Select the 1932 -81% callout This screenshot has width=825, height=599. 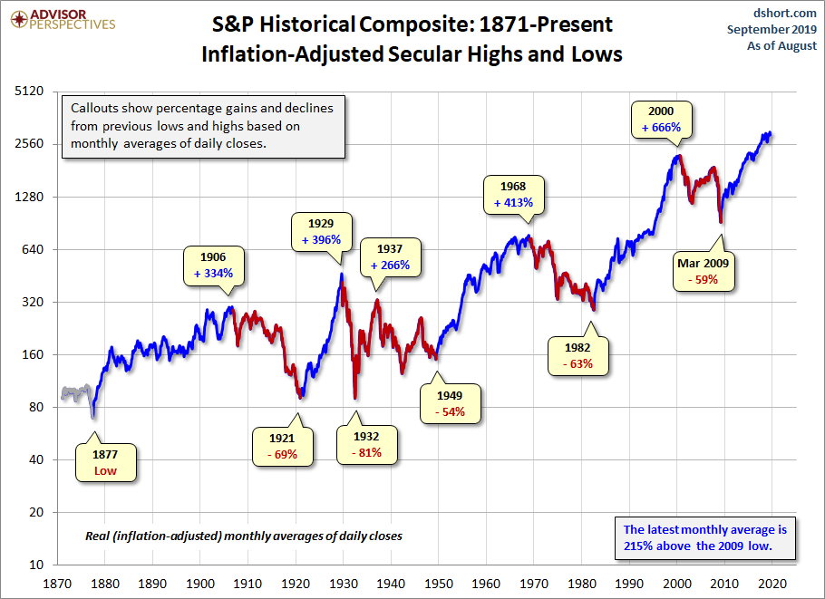(367, 444)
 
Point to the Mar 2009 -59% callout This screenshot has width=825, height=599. (703, 272)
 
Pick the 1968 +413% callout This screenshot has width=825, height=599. (513, 194)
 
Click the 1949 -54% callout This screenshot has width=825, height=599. (449, 402)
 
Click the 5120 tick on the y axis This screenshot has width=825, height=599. (32, 92)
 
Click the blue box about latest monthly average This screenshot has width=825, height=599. (705, 538)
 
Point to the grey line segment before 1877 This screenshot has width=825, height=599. (75, 392)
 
